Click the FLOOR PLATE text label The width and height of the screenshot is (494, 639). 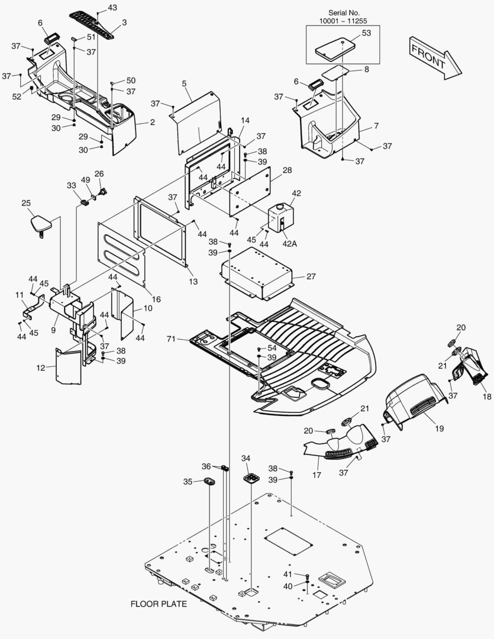[x=159, y=604]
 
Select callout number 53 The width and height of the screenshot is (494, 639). [x=366, y=33]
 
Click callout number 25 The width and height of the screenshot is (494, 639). [x=26, y=204]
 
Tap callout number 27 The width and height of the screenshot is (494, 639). [x=312, y=276]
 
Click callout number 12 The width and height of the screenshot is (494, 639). [x=40, y=368]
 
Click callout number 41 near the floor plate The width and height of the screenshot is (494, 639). [x=288, y=575]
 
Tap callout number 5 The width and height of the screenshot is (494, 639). [x=185, y=84]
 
